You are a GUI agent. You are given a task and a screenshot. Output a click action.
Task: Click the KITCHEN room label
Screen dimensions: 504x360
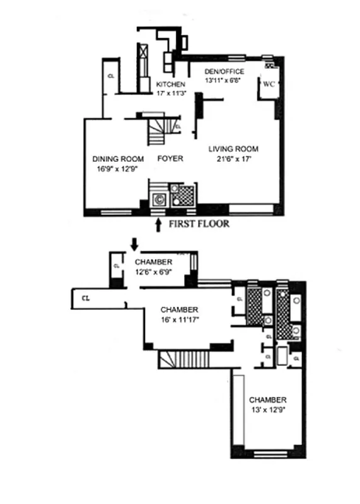pyautogui.click(x=171, y=84)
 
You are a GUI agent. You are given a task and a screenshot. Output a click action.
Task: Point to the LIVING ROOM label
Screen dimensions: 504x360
pyautogui.click(x=233, y=149)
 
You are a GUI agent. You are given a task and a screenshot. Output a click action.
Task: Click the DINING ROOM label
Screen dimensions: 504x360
pyautogui.click(x=118, y=159)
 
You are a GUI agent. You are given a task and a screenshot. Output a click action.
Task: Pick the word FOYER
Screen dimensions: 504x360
pyautogui.click(x=170, y=159)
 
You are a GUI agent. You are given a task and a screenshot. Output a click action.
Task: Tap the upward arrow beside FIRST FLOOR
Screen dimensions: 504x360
pyautogui.click(x=159, y=224)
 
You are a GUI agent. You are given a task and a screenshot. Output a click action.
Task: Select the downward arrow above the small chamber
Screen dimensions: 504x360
pyautogui.click(x=134, y=243)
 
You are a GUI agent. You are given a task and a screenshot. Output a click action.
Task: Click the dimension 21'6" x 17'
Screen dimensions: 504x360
pyautogui.click(x=233, y=159)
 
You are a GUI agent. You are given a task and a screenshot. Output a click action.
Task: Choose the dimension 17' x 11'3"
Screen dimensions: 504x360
pyautogui.click(x=171, y=93)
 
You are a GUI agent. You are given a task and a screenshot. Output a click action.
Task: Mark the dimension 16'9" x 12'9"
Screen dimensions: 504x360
pyautogui.click(x=118, y=168)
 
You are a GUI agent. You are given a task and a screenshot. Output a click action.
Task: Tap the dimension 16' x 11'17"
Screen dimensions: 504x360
pyautogui.click(x=180, y=319)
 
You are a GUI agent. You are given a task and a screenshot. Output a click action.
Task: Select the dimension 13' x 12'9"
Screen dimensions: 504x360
pyautogui.click(x=267, y=410)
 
